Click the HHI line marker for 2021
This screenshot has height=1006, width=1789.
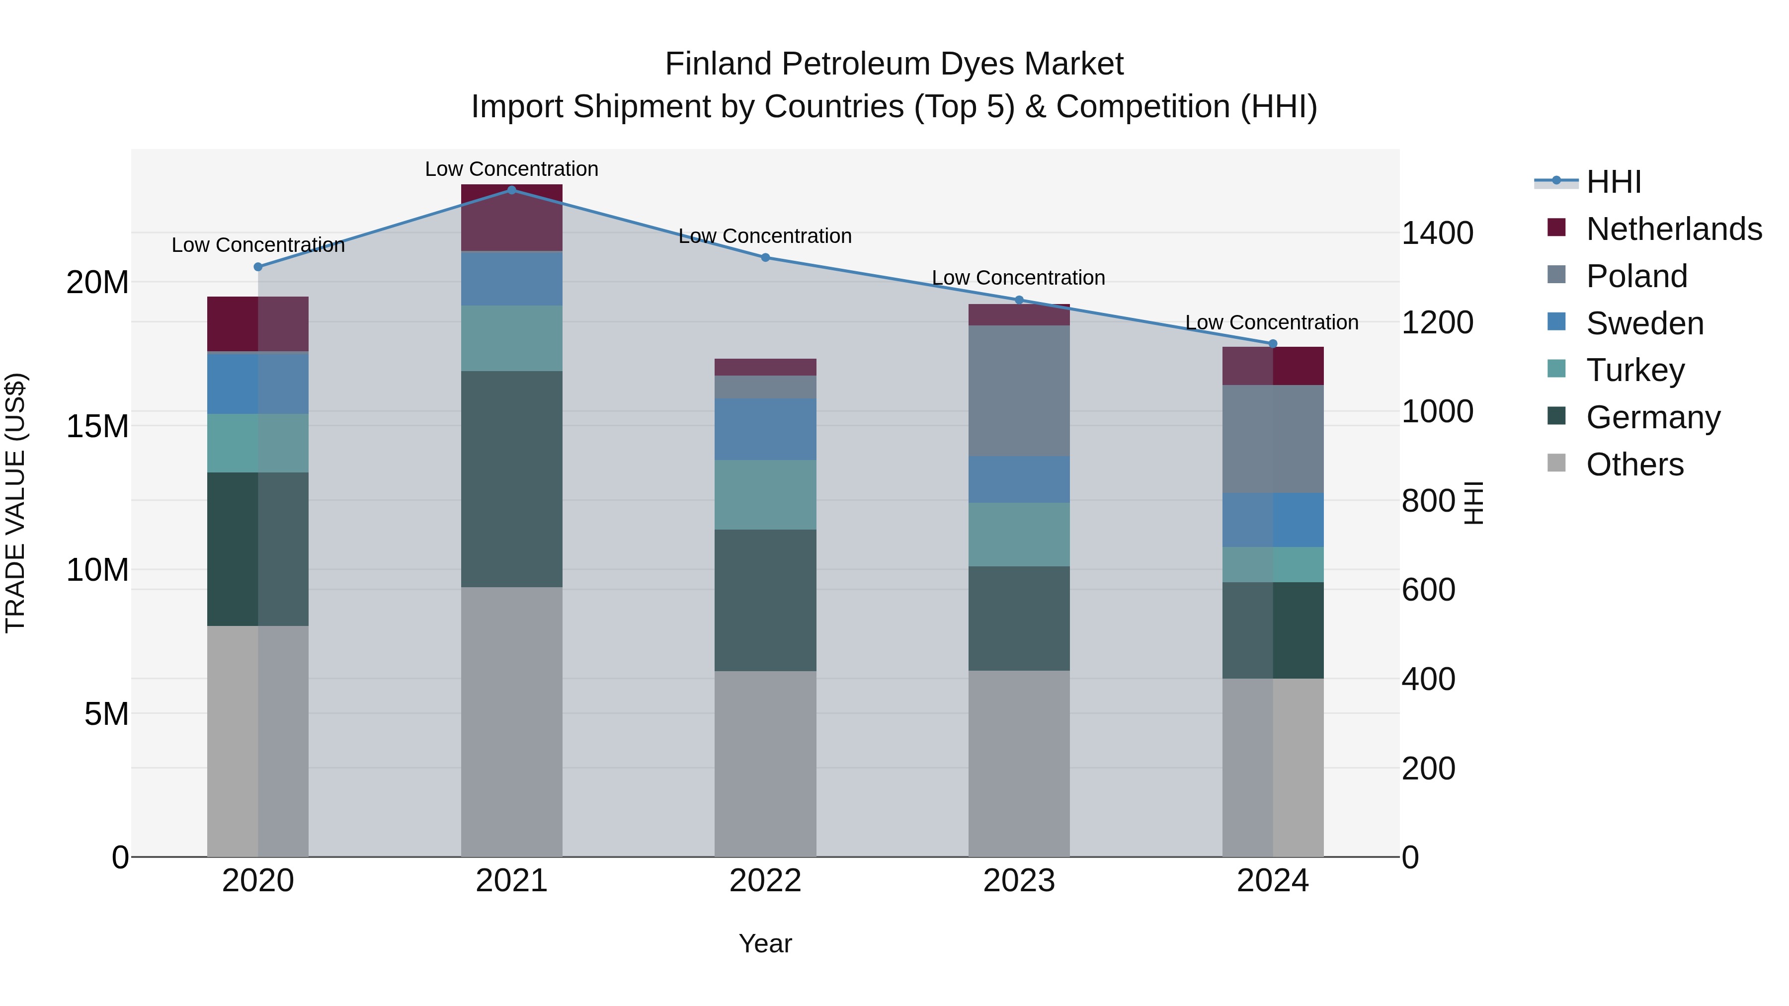coord(512,190)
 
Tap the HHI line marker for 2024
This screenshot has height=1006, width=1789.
coord(1273,344)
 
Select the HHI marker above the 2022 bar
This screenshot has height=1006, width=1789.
coord(765,257)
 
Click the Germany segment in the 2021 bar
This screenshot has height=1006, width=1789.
coord(512,479)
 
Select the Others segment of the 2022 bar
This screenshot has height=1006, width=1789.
coord(765,764)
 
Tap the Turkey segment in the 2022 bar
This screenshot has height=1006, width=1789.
coord(765,494)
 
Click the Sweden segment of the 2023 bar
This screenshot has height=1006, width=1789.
coord(1019,479)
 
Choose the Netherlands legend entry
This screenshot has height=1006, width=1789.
coord(1674,229)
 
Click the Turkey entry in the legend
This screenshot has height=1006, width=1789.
coord(1635,370)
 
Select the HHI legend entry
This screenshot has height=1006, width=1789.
coord(1613,182)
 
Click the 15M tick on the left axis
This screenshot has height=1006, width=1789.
coord(97,426)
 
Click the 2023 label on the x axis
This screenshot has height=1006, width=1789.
coord(1019,881)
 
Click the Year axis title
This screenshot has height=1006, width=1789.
coord(765,943)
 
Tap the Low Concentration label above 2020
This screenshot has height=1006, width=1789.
coord(258,245)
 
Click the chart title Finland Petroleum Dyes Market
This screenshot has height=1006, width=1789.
coord(894,64)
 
